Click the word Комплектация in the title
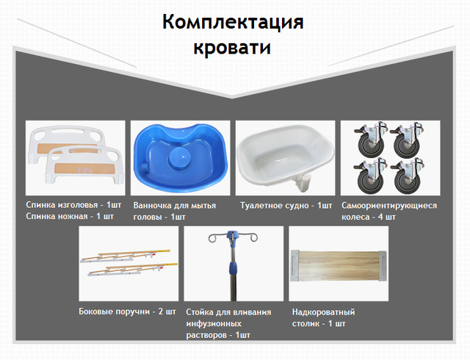[233, 22]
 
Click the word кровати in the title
[232, 48]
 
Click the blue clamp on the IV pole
[234, 268]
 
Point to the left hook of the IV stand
[214, 237]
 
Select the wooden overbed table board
[339, 266]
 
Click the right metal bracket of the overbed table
[383, 266]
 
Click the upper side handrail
[126, 256]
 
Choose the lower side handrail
[133, 270]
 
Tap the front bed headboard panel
[84, 165]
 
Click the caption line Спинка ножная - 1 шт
[70, 216]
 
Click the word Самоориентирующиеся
[389, 206]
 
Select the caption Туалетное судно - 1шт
[286, 206]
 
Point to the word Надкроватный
[323, 312]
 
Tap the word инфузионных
[214, 324]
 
